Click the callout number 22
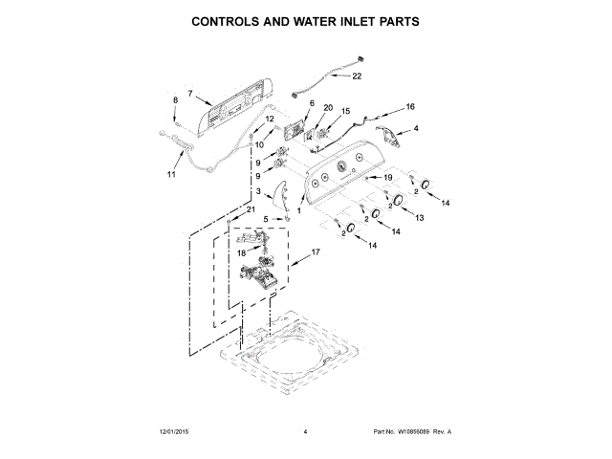click(358, 76)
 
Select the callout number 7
click(190, 94)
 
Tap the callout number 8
click(175, 100)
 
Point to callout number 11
click(171, 175)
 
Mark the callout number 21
click(251, 209)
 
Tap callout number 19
click(388, 178)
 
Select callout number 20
click(328, 108)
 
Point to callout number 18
click(242, 252)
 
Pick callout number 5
click(266, 219)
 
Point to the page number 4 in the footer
click(305, 432)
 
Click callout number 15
click(345, 112)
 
